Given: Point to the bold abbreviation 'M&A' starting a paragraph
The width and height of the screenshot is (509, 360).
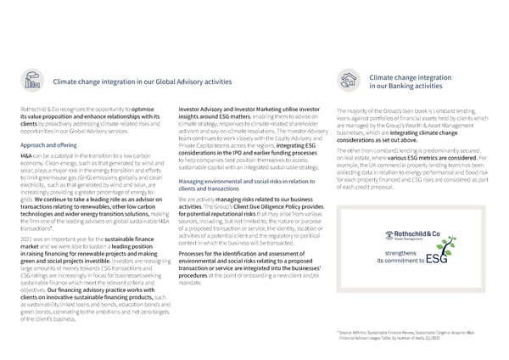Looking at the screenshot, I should point(24,156).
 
